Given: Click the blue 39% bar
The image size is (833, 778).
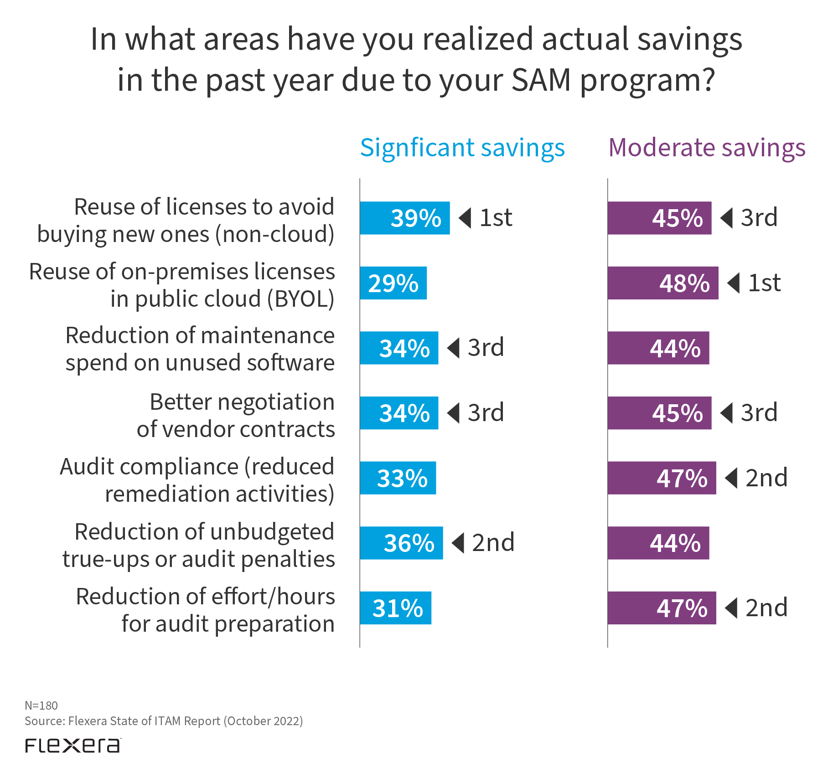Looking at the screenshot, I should (404, 218).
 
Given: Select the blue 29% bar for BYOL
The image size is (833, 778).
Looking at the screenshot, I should (393, 283).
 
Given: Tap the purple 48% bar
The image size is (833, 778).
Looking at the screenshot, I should (662, 283).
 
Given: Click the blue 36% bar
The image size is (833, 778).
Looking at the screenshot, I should (401, 543).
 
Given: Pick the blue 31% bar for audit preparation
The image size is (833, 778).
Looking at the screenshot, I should (395, 608).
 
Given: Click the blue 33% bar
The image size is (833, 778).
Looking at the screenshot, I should (398, 478).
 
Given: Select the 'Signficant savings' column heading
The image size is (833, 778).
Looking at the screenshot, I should (462, 148).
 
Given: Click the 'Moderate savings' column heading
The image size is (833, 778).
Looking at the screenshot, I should (707, 148).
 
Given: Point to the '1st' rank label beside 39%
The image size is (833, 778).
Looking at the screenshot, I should (496, 218).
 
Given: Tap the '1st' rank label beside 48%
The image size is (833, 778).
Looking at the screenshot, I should (764, 283).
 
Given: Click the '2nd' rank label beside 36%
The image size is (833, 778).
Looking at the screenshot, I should (493, 543).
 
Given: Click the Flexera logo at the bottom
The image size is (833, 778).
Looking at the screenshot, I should (73, 746).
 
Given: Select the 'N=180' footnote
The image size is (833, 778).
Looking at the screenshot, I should (41, 706).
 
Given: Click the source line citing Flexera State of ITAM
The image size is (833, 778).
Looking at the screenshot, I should (164, 721).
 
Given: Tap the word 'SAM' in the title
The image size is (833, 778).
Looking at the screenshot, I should (541, 80).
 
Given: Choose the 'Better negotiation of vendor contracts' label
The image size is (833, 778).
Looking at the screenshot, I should (236, 415).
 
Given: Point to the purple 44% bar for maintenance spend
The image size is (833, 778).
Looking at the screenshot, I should (658, 348).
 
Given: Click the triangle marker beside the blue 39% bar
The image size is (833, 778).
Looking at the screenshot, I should (466, 218).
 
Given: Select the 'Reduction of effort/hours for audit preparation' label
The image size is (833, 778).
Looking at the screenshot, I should (205, 610).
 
